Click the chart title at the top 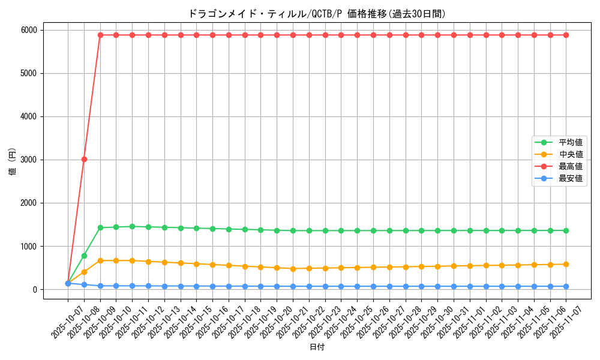click(317, 14)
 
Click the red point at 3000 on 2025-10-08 click(84, 159)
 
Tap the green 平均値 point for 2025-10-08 click(84, 256)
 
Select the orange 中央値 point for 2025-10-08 click(84, 272)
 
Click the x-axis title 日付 click(317, 347)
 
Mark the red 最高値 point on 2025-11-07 click(566, 35)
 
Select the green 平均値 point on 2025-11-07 click(566, 230)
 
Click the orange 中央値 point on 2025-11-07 click(566, 264)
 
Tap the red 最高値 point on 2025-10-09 click(100, 35)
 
